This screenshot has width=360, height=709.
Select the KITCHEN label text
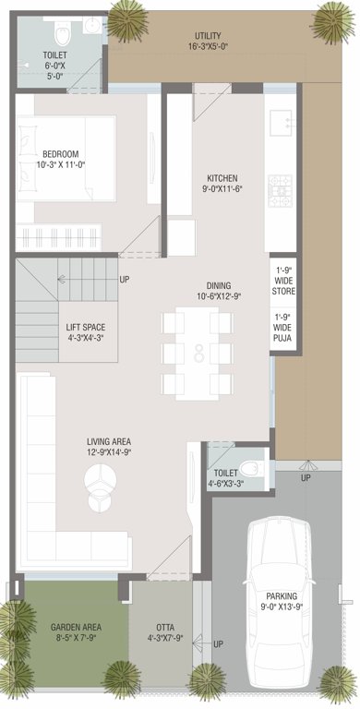[222, 177]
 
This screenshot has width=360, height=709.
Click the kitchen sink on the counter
[279, 119]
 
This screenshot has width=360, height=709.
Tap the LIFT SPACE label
[85, 327]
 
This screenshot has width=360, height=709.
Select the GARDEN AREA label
[76, 628]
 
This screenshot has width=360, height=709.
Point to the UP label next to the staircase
[125, 279]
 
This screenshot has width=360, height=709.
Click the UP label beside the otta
[218, 643]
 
